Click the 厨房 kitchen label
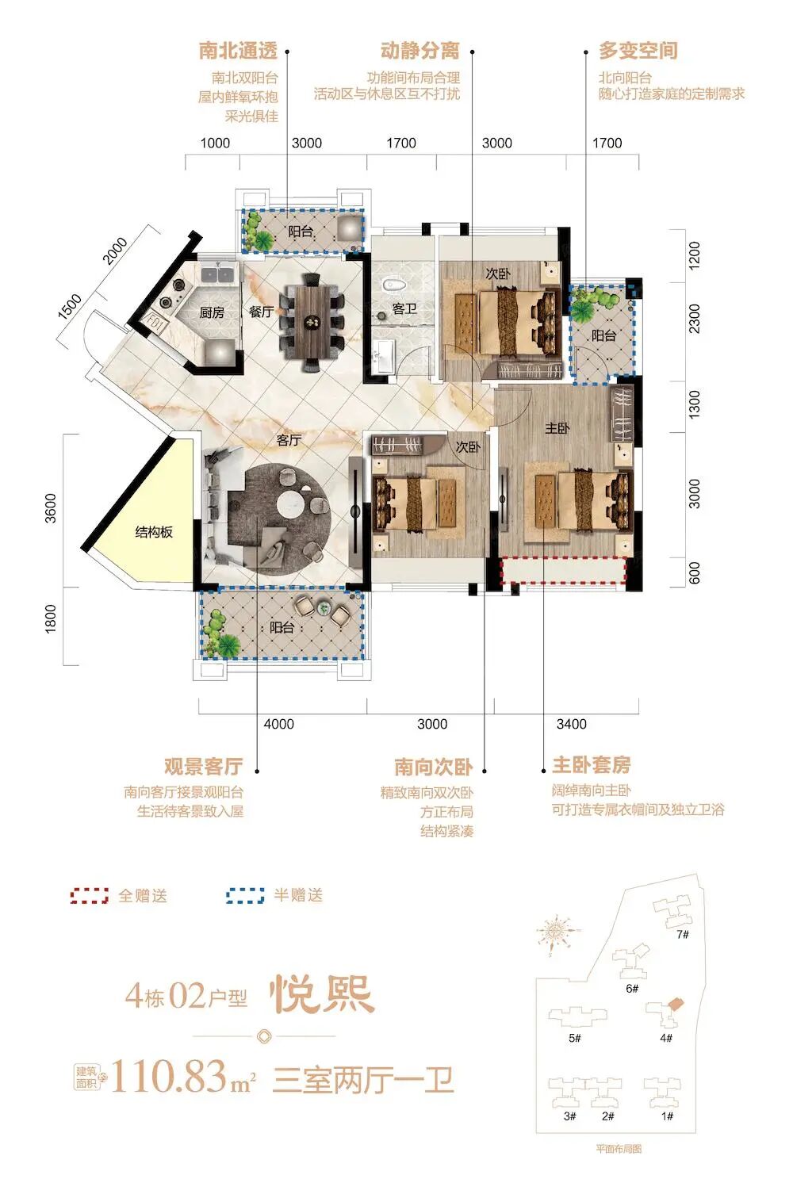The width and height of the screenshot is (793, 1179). pyautogui.click(x=211, y=312)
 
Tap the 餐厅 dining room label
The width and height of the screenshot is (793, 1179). pyautogui.click(x=261, y=312)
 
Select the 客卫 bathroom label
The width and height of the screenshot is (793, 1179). pyautogui.click(x=404, y=308)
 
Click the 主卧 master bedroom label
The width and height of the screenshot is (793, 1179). pyautogui.click(x=557, y=428)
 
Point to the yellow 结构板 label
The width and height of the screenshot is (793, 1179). pyautogui.click(x=154, y=532)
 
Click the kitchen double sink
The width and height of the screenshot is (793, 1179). pyautogui.click(x=216, y=275)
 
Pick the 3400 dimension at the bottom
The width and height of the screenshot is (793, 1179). pyautogui.click(x=571, y=724)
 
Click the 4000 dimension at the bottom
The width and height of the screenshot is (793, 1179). pyautogui.click(x=278, y=724)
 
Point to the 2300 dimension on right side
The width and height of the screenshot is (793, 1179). pyautogui.click(x=695, y=319)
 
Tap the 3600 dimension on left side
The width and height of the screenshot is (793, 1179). pyautogui.click(x=51, y=509)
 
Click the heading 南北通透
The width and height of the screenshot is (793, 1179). pyautogui.click(x=238, y=52)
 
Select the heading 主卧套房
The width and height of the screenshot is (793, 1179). pyautogui.click(x=592, y=765)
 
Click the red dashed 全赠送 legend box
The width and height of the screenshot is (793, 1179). pyautogui.click(x=90, y=896)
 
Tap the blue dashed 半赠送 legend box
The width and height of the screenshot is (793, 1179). pyautogui.click(x=245, y=896)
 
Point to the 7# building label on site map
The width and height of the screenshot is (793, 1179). pyautogui.click(x=682, y=934)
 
